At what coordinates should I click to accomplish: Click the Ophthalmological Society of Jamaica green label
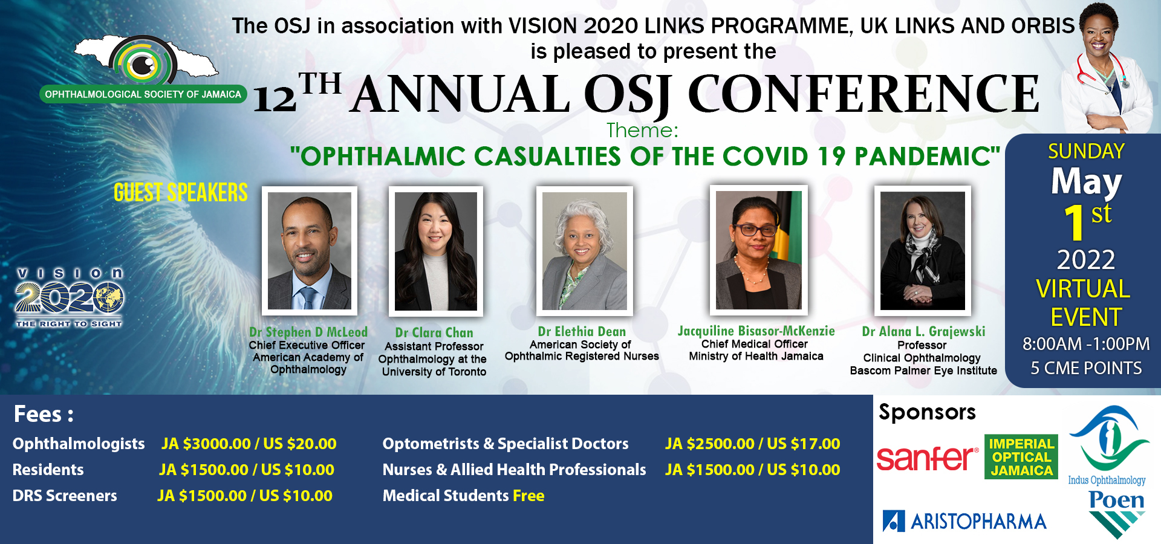click(143, 94)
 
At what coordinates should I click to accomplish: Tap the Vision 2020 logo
click(70, 298)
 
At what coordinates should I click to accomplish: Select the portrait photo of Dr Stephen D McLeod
click(310, 251)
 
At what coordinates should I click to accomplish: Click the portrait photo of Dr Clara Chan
click(436, 251)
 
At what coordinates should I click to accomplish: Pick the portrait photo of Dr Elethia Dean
click(584, 251)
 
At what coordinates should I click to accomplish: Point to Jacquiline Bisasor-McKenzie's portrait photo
click(758, 250)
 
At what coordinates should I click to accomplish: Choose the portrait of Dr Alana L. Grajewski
click(923, 251)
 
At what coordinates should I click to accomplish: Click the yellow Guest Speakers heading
click(181, 193)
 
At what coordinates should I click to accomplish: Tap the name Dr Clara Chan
click(434, 332)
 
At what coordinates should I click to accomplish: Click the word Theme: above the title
click(642, 130)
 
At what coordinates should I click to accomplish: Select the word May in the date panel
click(1086, 181)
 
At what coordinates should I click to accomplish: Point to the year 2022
click(1086, 260)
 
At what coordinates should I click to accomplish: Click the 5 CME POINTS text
click(1086, 368)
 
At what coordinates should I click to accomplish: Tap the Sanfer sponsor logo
click(927, 458)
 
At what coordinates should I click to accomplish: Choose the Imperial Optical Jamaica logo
click(1021, 457)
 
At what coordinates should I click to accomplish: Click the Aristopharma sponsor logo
click(964, 521)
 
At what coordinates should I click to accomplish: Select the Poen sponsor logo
click(1117, 514)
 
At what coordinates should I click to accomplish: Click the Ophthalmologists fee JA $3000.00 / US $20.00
click(249, 444)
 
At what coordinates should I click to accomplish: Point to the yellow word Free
click(528, 496)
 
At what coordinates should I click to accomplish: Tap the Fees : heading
click(44, 415)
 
